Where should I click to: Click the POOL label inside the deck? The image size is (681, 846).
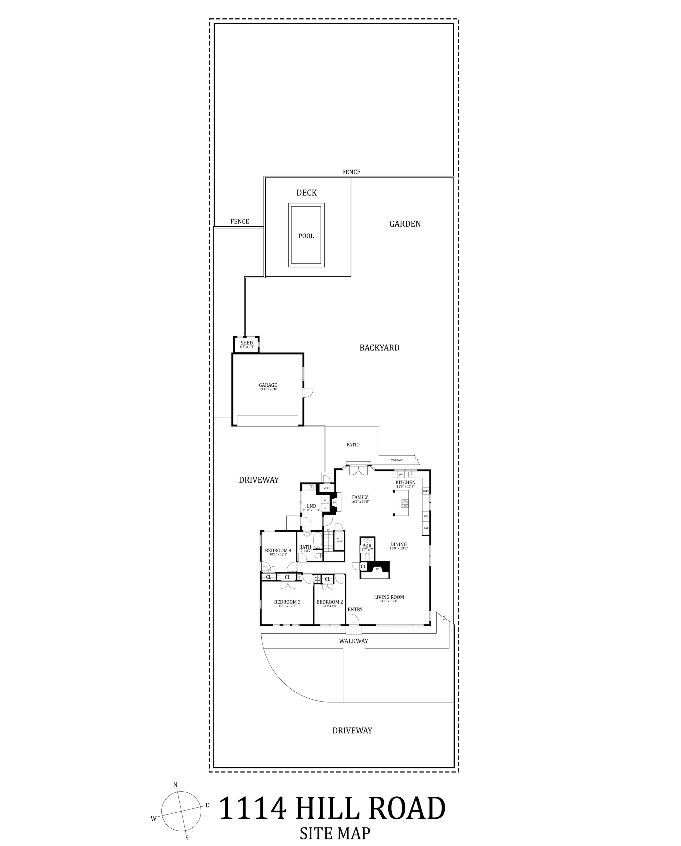[x=306, y=236]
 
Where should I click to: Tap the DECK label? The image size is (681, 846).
[x=307, y=193]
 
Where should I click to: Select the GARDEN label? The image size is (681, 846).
[x=405, y=224]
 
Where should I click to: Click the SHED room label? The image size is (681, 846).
[x=247, y=343]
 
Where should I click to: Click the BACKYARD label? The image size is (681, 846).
[x=379, y=348]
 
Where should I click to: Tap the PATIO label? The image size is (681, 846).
[x=353, y=445]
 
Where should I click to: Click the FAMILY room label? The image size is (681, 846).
[x=360, y=497]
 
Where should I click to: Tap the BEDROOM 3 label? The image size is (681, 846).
[x=287, y=602]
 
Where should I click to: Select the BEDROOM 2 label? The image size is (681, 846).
[x=330, y=602]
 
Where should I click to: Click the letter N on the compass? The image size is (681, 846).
[x=175, y=784]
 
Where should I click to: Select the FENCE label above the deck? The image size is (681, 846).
[x=351, y=172]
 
